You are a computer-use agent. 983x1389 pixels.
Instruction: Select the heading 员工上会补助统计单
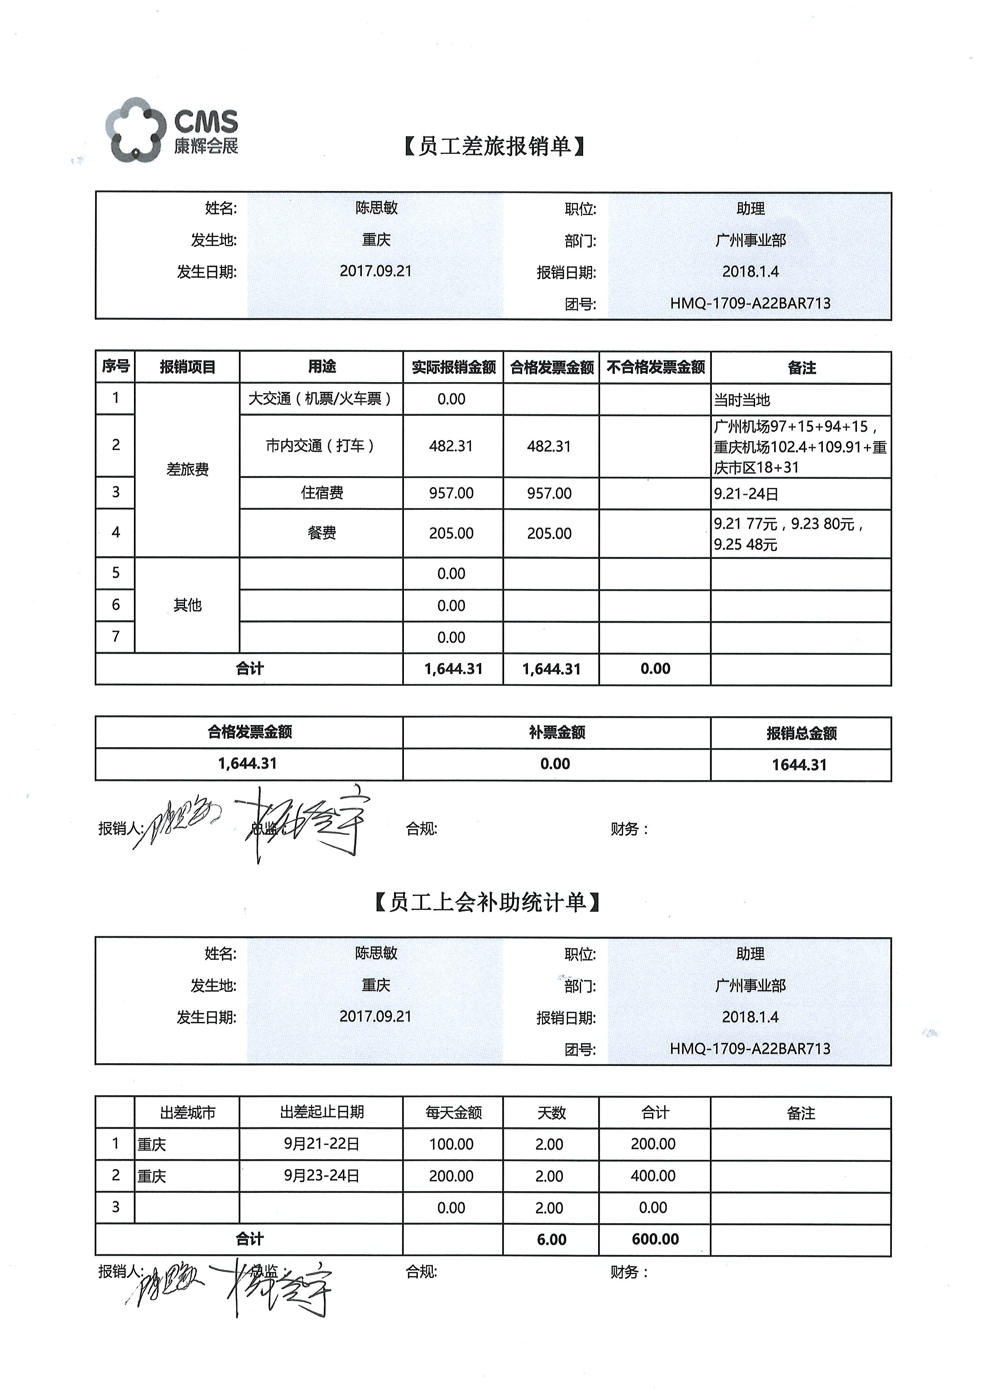[x=487, y=902]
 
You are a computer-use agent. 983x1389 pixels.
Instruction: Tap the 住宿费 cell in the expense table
[x=321, y=493]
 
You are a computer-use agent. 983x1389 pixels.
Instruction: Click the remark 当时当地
[x=742, y=400]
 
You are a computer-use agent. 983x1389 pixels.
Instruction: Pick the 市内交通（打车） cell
[x=321, y=446]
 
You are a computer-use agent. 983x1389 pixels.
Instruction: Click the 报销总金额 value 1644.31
[x=799, y=765]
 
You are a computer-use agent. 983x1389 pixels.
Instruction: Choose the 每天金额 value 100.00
[x=451, y=1144]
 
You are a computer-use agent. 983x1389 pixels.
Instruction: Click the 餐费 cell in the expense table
[x=321, y=533]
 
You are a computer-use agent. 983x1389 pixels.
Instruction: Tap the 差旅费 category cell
[x=187, y=470]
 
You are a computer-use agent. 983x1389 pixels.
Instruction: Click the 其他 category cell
[x=187, y=605]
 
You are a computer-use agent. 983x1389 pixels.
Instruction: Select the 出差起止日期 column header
[x=321, y=1112]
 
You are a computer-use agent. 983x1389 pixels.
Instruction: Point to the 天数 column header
[x=551, y=1112]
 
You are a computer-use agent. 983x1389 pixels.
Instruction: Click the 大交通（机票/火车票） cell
[x=321, y=399]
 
